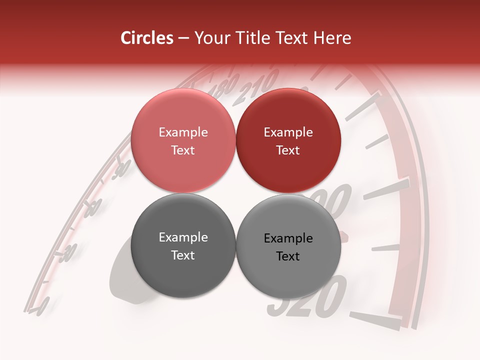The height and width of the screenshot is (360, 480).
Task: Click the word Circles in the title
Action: click(x=147, y=38)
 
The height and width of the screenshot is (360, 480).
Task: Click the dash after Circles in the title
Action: click(x=183, y=38)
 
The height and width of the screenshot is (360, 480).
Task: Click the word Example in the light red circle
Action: click(x=183, y=132)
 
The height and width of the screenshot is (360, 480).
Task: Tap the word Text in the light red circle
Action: click(x=183, y=150)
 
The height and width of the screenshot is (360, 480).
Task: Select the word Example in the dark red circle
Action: click(x=288, y=132)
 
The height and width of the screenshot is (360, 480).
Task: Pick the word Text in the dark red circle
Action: click(x=288, y=150)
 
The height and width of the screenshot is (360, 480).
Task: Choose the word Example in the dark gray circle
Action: click(x=183, y=237)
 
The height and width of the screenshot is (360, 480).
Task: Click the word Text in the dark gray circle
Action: click(x=183, y=255)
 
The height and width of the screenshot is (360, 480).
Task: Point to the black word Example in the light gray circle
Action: click(x=288, y=238)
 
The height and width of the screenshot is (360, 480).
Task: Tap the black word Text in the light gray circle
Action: click(x=288, y=256)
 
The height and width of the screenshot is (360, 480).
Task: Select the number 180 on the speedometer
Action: click(x=223, y=89)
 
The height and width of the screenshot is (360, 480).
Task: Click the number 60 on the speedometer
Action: click(x=93, y=207)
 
